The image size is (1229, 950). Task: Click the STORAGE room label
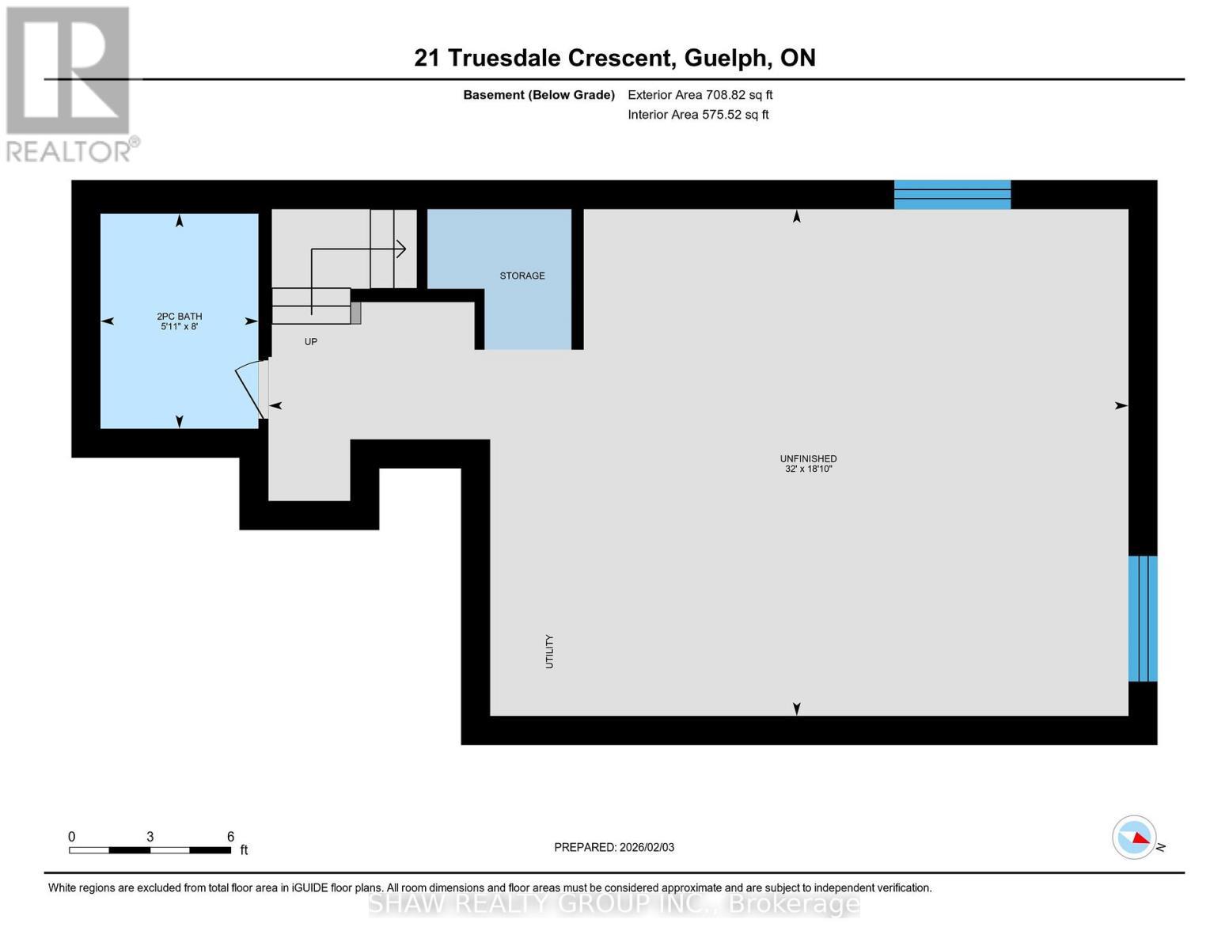522,275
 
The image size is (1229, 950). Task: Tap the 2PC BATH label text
180,317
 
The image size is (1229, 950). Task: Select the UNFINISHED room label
808,459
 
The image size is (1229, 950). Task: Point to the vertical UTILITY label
549,652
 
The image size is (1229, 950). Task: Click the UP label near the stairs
311,342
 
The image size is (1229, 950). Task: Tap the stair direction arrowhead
401,249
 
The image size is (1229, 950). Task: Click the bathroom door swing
248,390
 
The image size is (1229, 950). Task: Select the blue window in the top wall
952,195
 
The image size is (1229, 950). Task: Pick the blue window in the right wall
1143,618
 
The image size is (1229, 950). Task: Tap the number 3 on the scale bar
150,836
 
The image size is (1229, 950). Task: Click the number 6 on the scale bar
230,836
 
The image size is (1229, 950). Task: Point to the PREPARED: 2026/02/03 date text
614,847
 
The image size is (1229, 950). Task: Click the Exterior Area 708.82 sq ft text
700,95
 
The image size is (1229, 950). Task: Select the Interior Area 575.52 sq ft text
699,114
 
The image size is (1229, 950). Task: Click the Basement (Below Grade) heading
539,95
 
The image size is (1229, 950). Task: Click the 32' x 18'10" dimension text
808,469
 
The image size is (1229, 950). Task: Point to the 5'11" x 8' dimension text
180,326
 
